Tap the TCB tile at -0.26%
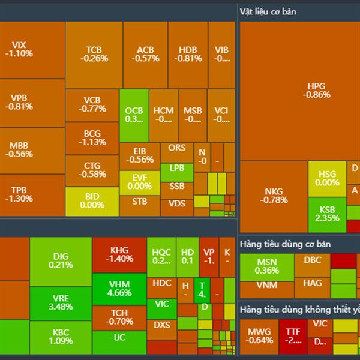pos(94,54)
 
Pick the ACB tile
pos(145,54)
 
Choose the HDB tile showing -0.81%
pos(187,54)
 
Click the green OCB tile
pos(134,115)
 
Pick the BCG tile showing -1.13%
pos(92,138)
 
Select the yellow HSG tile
pos(327,178)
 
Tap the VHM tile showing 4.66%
pos(119,289)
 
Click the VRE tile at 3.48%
pos(60,302)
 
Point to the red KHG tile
pos(119,254)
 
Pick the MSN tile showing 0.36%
pos(266,266)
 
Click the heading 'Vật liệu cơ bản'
pos(268,11)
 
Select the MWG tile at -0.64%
pos(259,336)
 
